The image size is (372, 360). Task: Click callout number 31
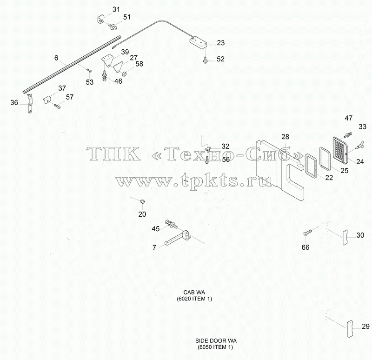116,9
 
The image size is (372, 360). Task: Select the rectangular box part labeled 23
199,42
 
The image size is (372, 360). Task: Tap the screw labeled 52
205,60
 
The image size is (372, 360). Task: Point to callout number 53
90,82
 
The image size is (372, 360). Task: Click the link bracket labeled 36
30,103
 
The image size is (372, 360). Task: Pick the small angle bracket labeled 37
47,100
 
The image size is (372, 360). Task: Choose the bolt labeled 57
57,107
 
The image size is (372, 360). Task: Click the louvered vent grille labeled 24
340,148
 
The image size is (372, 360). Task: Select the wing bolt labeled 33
359,144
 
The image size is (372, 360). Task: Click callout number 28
286,137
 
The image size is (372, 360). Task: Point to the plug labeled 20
142,202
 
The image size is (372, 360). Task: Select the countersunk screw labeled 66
307,232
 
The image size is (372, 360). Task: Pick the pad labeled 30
345,237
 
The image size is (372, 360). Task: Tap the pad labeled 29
350,328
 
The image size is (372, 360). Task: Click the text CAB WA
194,293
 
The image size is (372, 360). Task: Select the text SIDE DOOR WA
216,341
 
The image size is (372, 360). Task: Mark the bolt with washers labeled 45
171,224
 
